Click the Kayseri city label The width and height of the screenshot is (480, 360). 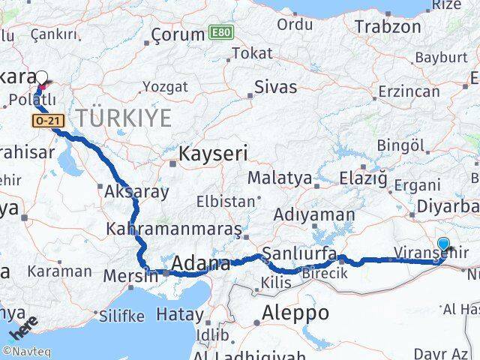212,154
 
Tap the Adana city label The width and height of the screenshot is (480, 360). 201,263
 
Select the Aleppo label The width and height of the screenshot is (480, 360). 295,313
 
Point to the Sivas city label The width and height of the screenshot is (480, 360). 275,87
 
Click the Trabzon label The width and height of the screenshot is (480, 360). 388,27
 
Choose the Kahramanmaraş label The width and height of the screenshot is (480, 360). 174,228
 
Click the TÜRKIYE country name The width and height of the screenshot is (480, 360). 122,118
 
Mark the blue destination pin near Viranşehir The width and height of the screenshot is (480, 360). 444,244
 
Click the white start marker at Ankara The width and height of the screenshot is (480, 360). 42,76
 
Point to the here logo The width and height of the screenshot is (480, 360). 22,328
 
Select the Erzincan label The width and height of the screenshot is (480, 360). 409,91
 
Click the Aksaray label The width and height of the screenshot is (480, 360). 137,191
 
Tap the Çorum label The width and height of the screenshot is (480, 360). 178,34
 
